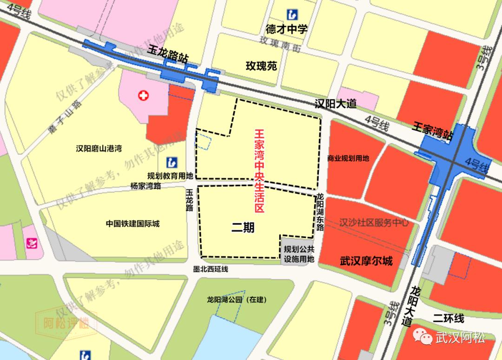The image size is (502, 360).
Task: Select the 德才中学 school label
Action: click(x=287, y=29)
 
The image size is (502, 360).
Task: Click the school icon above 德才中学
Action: click(x=293, y=13)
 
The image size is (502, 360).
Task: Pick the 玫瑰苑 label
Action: click(x=261, y=66)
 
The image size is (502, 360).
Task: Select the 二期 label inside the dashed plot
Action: click(x=243, y=228)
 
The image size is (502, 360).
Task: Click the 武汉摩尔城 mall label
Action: click(x=366, y=261)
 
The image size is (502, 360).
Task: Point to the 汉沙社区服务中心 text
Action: click(x=374, y=223)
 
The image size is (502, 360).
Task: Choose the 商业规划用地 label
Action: click(x=348, y=158)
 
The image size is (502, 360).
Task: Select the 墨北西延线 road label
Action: click(x=211, y=269)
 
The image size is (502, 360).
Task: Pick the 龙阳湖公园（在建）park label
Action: click(x=237, y=300)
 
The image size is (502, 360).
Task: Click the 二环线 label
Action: click(x=448, y=319)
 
